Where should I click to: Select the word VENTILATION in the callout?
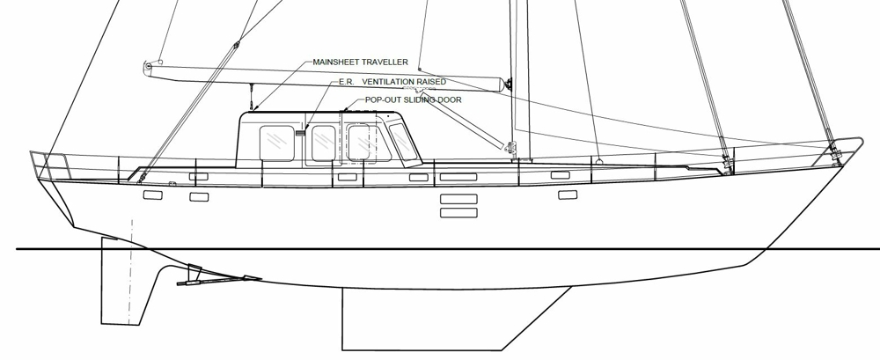point(388,82)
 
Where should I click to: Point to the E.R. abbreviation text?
point(347,82)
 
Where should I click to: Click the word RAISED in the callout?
point(431,82)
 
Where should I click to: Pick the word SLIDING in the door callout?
point(416,100)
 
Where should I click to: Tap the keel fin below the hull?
point(437,319)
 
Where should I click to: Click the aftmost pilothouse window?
point(276,143)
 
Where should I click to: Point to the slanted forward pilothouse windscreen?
point(403,142)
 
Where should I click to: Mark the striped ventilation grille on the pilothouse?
point(300,134)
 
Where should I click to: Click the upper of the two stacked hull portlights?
point(458,199)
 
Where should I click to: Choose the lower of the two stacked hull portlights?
point(458,213)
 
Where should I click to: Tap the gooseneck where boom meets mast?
point(508,84)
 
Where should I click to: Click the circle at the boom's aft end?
point(148,66)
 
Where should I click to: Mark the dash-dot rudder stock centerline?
point(131,271)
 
